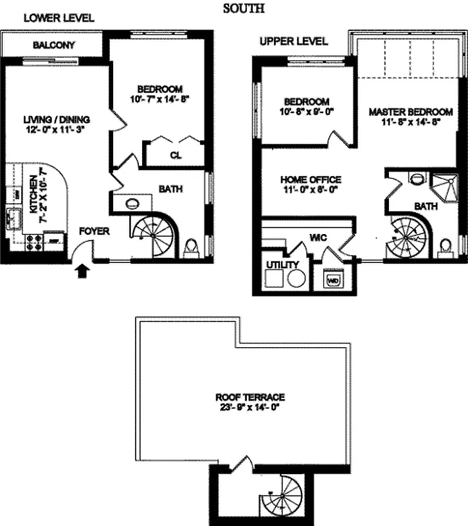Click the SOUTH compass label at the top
coord(244,9)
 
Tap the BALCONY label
coord(53,45)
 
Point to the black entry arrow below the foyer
coord(82,271)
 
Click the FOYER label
coord(93,231)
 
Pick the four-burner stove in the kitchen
coord(34,243)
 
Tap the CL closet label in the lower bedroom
coord(176,155)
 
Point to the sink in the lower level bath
coord(131,204)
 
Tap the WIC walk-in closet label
coord(319,237)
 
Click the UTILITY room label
coord(282,264)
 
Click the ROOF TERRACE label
coord(249,397)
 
